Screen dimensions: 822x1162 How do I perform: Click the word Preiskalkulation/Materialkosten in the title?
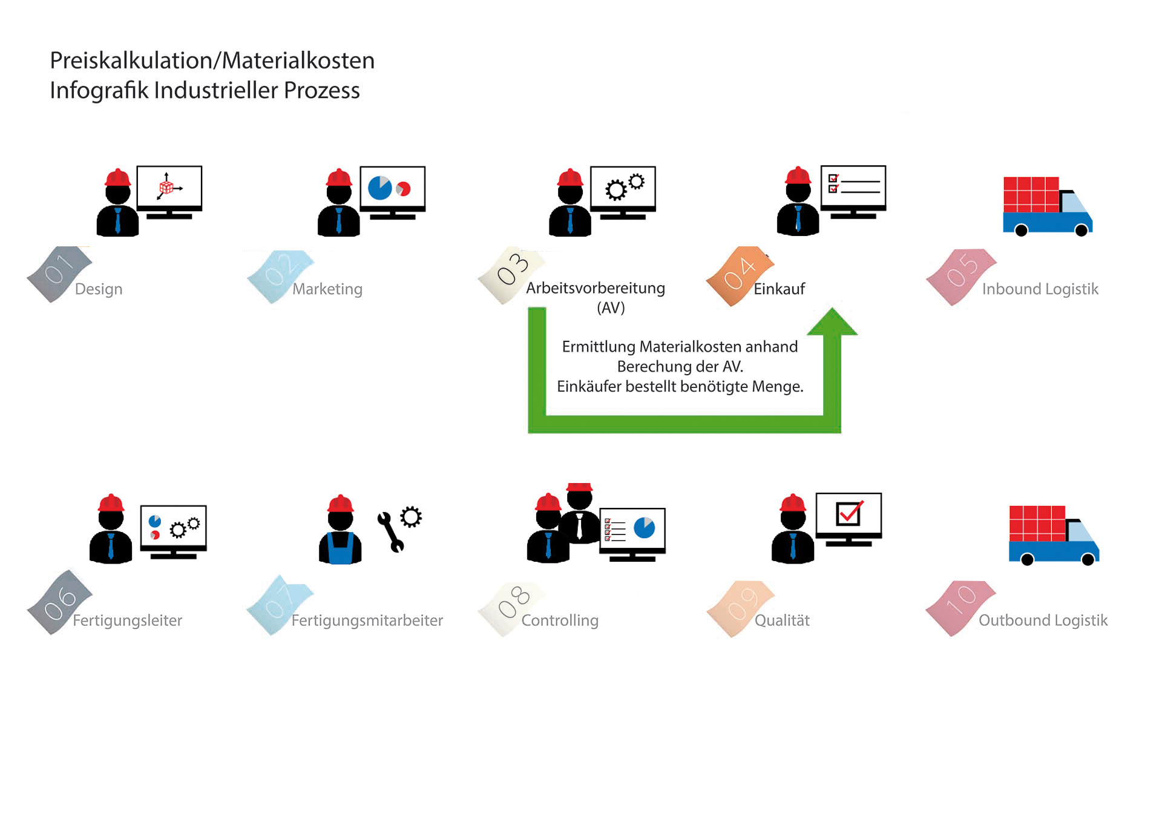tap(212, 61)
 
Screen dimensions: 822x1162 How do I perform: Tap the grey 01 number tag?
tap(59, 272)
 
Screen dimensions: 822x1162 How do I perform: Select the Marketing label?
tap(327, 289)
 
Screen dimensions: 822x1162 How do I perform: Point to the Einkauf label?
tap(779, 289)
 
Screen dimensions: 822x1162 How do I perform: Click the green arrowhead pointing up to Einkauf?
tap(832, 322)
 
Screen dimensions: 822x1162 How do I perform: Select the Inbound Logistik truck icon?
tap(1047, 206)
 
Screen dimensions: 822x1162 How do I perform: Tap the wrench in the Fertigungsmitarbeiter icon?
tap(390, 531)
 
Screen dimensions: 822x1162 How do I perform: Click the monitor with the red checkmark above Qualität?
tap(849, 518)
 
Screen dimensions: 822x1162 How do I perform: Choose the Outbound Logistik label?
tap(1043, 620)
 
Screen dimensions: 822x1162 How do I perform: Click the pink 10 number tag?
tap(960, 607)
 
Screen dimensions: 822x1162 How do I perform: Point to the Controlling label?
tap(560, 620)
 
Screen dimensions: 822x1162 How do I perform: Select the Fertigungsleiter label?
tap(127, 620)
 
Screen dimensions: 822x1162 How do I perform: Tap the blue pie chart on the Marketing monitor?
tap(379, 188)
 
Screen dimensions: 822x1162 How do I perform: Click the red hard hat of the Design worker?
tap(117, 177)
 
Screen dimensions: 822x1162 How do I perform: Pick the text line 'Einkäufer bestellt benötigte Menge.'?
tap(680, 387)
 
